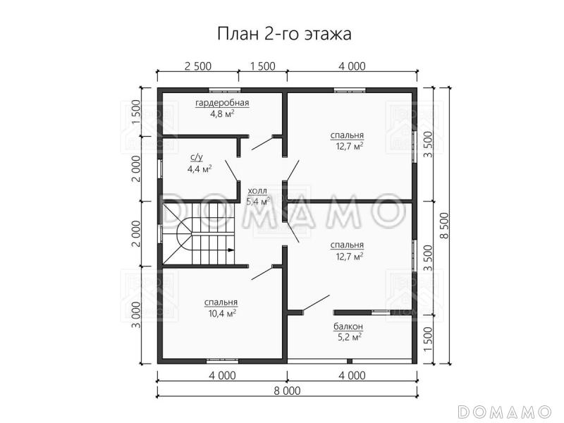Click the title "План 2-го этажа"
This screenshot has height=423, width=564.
282,33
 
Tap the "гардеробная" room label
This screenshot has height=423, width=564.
223,103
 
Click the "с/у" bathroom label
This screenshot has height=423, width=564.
197,159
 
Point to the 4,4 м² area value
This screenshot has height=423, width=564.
199,169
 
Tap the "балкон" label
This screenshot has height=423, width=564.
348,326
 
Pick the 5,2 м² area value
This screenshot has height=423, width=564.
349,337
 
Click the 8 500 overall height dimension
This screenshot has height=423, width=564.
444,226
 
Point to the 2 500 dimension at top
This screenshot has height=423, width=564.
198,67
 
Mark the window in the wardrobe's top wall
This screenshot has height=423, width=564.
225,90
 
